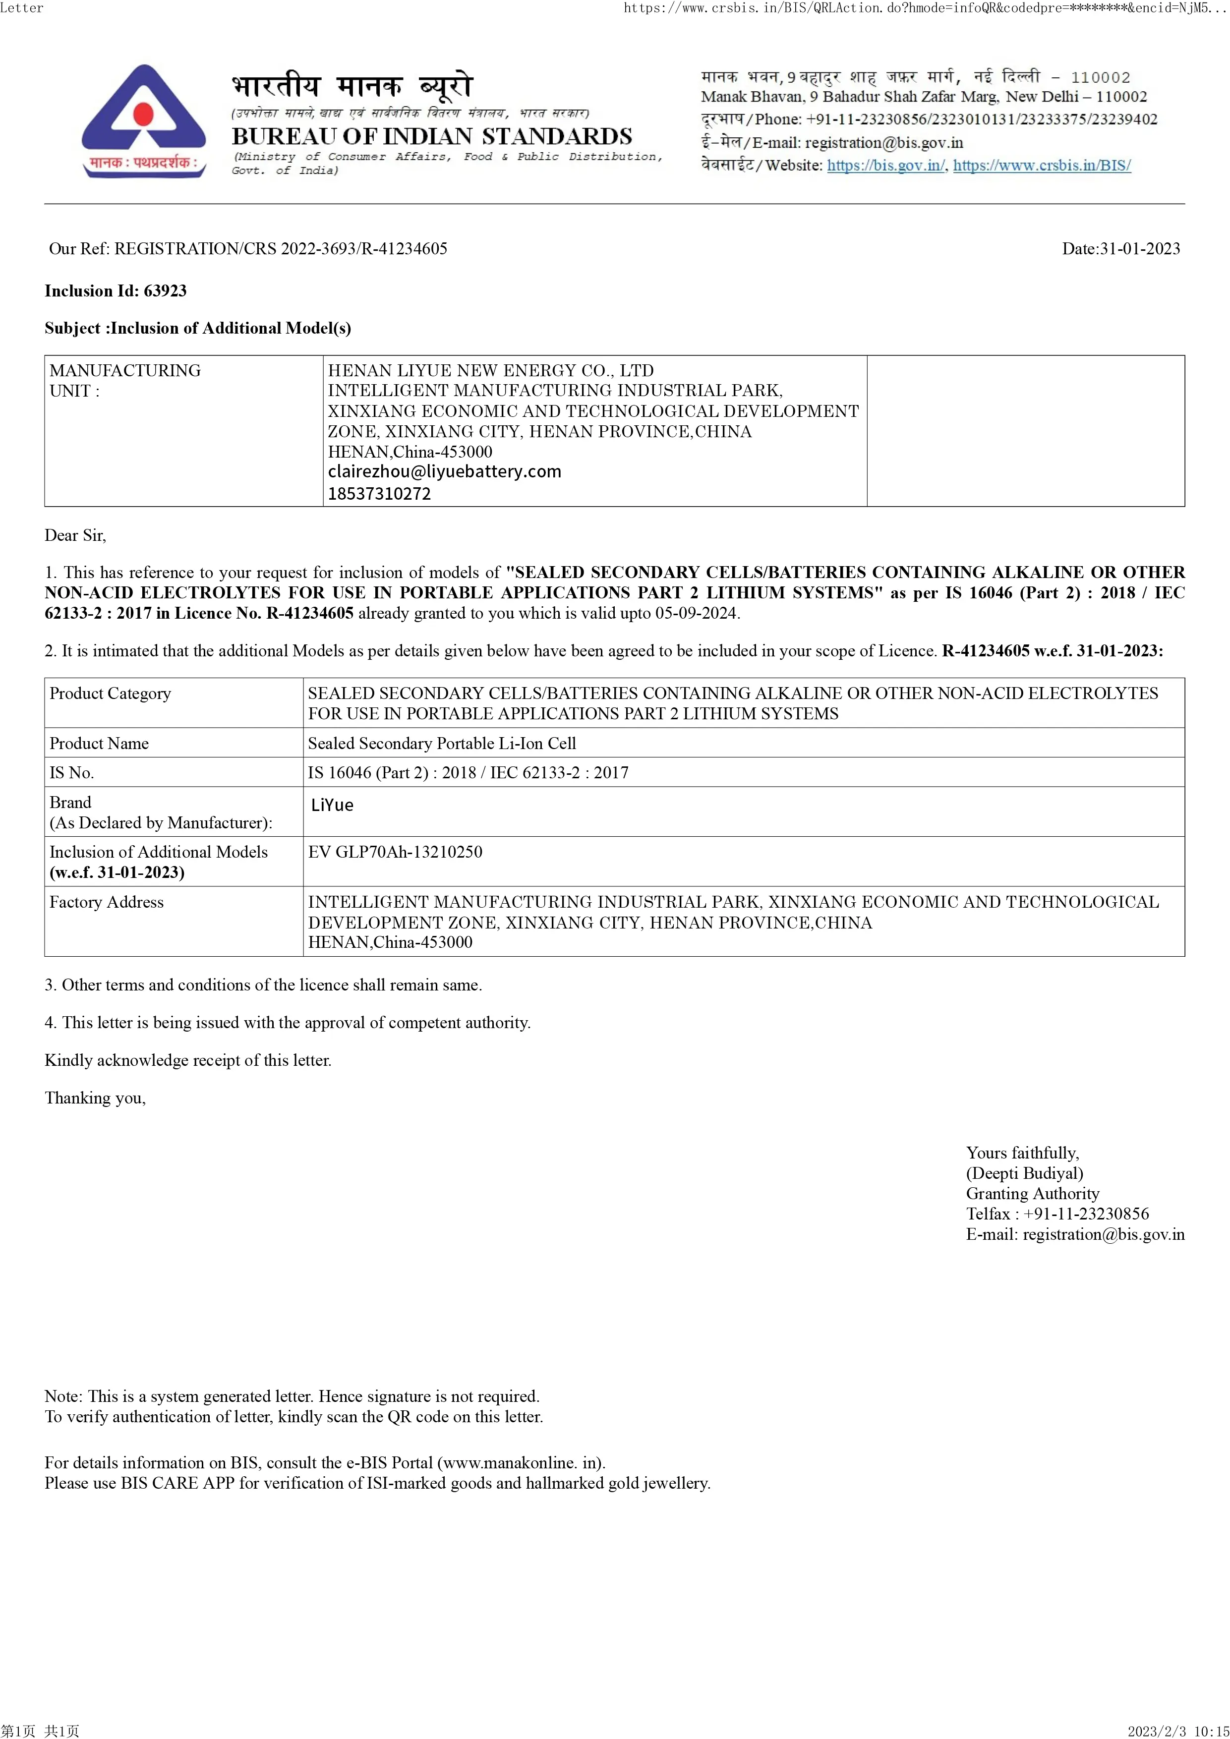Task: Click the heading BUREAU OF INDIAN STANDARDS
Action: tap(432, 136)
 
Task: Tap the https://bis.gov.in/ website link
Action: tap(885, 165)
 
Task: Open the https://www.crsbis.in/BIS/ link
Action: tap(1042, 165)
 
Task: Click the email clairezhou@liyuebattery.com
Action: tap(445, 472)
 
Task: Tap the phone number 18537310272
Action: tap(379, 494)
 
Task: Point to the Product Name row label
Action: tap(99, 743)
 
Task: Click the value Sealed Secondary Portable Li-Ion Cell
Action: tap(442, 743)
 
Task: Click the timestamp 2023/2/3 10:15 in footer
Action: tap(1178, 1731)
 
